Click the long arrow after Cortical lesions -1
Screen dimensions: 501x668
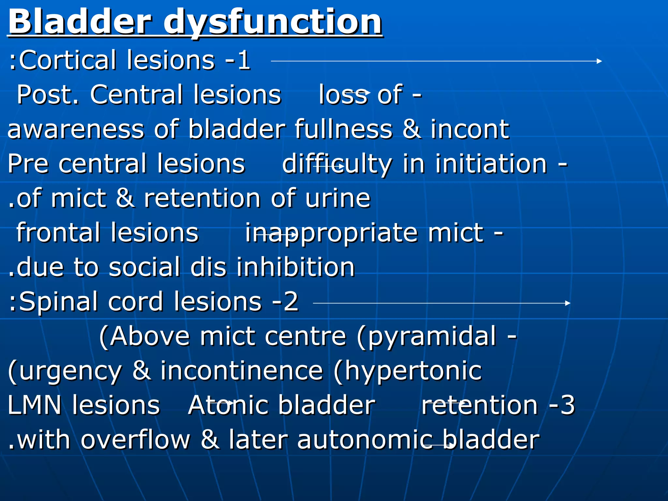436,61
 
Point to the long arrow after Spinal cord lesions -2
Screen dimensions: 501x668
441,303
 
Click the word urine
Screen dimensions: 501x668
338,198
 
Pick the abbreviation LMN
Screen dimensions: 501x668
35,405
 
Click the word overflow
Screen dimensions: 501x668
135,440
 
